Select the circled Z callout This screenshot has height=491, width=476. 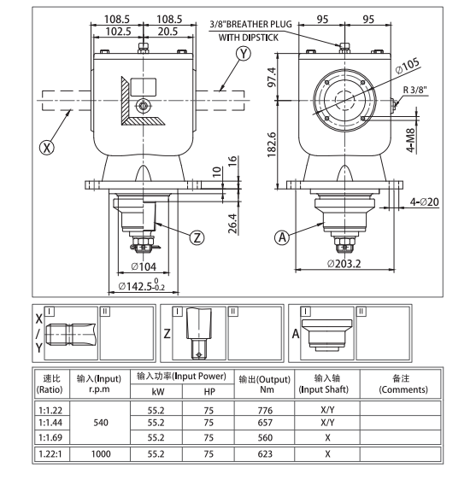pyautogui.click(x=198, y=237)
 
